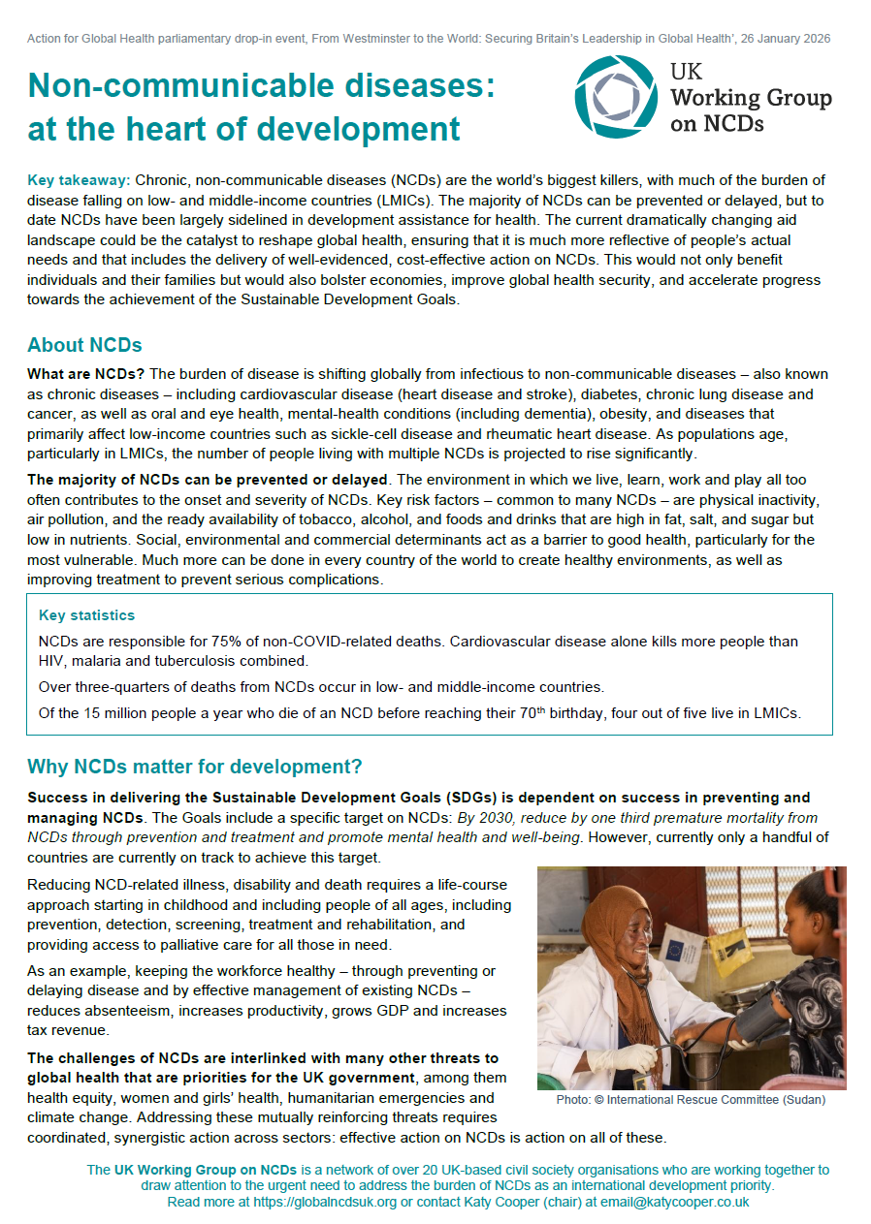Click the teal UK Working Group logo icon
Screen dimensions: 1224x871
(x=616, y=97)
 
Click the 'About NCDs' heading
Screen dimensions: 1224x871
(x=84, y=345)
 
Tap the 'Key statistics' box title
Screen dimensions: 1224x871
(x=86, y=615)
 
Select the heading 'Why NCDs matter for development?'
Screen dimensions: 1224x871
(x=194, y=767)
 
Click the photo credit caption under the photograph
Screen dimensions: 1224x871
(x=691, y=1101)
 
